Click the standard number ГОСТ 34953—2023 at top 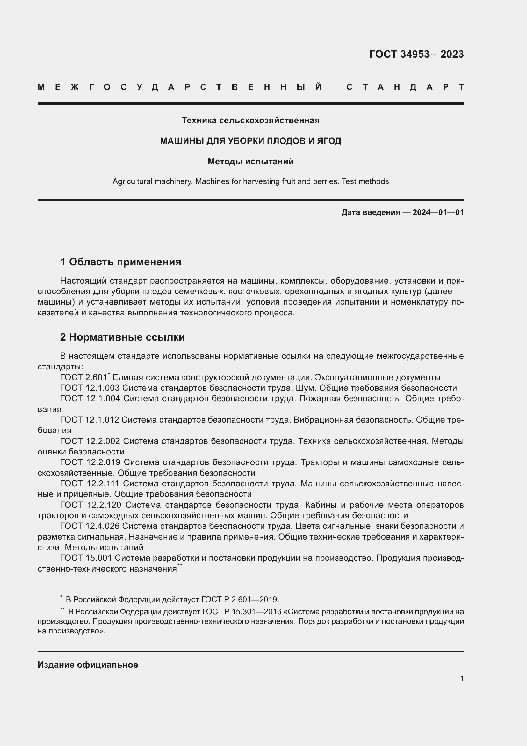click(416, 54)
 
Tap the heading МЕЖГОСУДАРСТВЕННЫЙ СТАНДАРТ click(250, 87)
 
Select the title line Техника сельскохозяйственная click(250, 121)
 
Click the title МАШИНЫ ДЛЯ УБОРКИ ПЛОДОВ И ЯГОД click(250, 141)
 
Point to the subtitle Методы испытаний click(250, 161)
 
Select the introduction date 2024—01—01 click(438, 212)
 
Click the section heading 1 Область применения click(121, 262)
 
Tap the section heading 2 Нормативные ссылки click(122, 337)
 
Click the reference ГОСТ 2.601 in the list click(83, 378)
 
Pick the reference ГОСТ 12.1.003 click(90, 388)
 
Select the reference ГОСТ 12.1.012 click(90, 420)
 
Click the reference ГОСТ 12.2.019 click(90, 462)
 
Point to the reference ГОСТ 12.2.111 click(90, 484)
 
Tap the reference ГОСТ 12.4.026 click(90, 526)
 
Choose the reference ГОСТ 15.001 click(86, 558)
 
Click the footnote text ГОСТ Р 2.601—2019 click(240, 600)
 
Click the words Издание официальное click(88, 665)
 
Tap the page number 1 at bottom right click(461, 678)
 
